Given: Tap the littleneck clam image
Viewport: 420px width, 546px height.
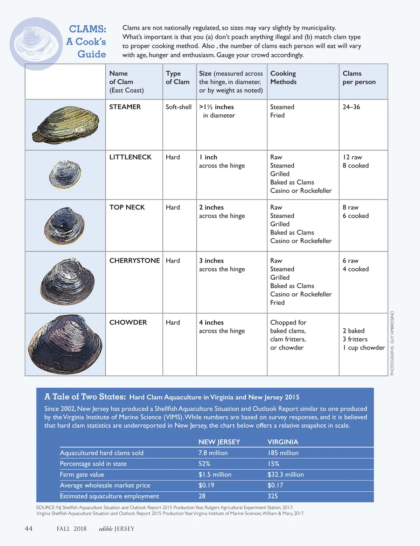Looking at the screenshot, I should tap(65, 175).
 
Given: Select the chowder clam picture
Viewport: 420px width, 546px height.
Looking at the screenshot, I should tap(65, 345).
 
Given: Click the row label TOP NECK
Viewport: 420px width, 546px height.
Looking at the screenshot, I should tap(127, 207).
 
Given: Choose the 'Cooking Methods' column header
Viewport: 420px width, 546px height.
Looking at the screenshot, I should tap(283, 77).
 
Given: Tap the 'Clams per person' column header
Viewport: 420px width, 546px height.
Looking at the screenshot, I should tap(359, 77).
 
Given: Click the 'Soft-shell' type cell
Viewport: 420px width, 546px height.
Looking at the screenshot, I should tap(178, 107).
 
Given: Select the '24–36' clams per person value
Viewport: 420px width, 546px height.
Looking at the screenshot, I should tap(351, 107).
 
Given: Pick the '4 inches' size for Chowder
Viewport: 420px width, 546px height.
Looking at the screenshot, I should tap(211, 322).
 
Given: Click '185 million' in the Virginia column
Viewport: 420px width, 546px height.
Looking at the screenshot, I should tap(283, 453).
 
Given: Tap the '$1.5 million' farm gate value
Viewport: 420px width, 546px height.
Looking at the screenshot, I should tap(215, 475).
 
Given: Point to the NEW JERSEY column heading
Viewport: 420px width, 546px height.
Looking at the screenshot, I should tap(219, 442).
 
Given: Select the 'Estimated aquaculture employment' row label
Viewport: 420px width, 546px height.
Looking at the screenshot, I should tap(109, 496).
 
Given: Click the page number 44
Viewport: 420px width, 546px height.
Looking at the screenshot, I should tap(29, 528).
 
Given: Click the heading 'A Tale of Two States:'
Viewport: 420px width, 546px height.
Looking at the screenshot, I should tap(85, 397).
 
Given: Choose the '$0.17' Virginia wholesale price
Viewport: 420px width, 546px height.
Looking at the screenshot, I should tap(275, 485).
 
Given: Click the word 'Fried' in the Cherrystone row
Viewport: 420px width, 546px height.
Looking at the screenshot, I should tap(277, 302).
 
